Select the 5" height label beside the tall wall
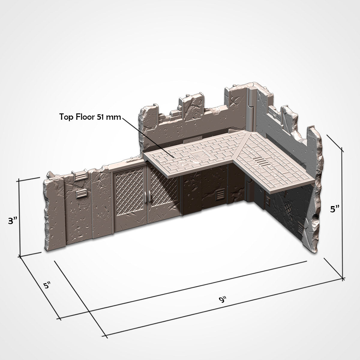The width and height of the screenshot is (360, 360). point(334,209)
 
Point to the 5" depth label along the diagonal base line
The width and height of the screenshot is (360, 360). point(47,285)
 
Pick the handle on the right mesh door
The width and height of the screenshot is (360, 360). point(149,197)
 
